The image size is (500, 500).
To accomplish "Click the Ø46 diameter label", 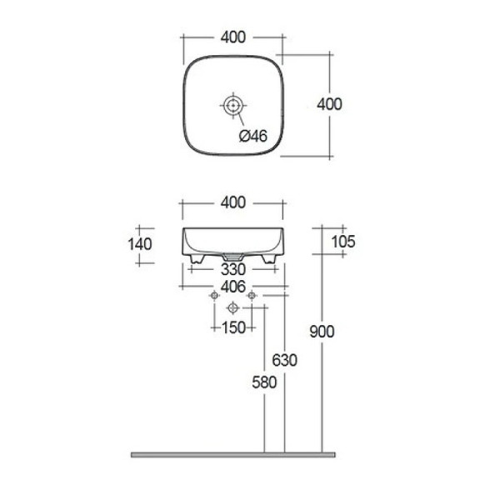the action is (x=252, y=136).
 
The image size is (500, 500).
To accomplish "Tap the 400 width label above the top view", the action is (x=233, y=37).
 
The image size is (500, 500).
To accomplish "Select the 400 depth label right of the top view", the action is (x=329, y=104).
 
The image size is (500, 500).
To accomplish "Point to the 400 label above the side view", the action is (x=233, y=202).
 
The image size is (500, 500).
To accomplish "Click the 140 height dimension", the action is (x=140, y=244).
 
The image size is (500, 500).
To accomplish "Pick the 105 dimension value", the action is (x=343, y=242).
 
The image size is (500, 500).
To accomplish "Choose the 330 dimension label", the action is (x=233, y=270).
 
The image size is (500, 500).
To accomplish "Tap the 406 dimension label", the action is (x=233, y=287).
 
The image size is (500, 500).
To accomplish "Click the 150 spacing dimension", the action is (x=233, y=327).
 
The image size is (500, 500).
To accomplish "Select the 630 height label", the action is (x=284, y=360).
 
